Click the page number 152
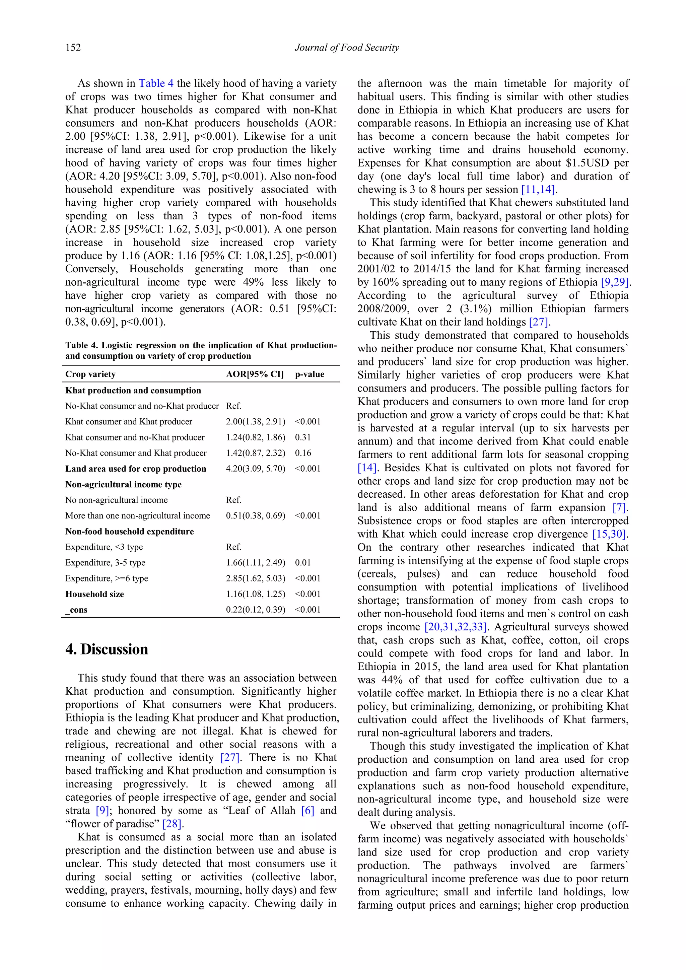tap(73, 47)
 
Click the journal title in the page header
tap(346, 47)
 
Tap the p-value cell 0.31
tap(302, 437)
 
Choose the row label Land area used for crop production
tap(136, 469)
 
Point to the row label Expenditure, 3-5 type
tap(105, 562)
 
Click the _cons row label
tap(76, 610)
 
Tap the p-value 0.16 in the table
tap(302, 453)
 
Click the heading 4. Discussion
tap(107, 649)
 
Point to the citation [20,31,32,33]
tap(455, 627)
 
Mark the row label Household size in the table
tap(94, 594)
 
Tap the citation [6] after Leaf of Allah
tap(307, 810)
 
